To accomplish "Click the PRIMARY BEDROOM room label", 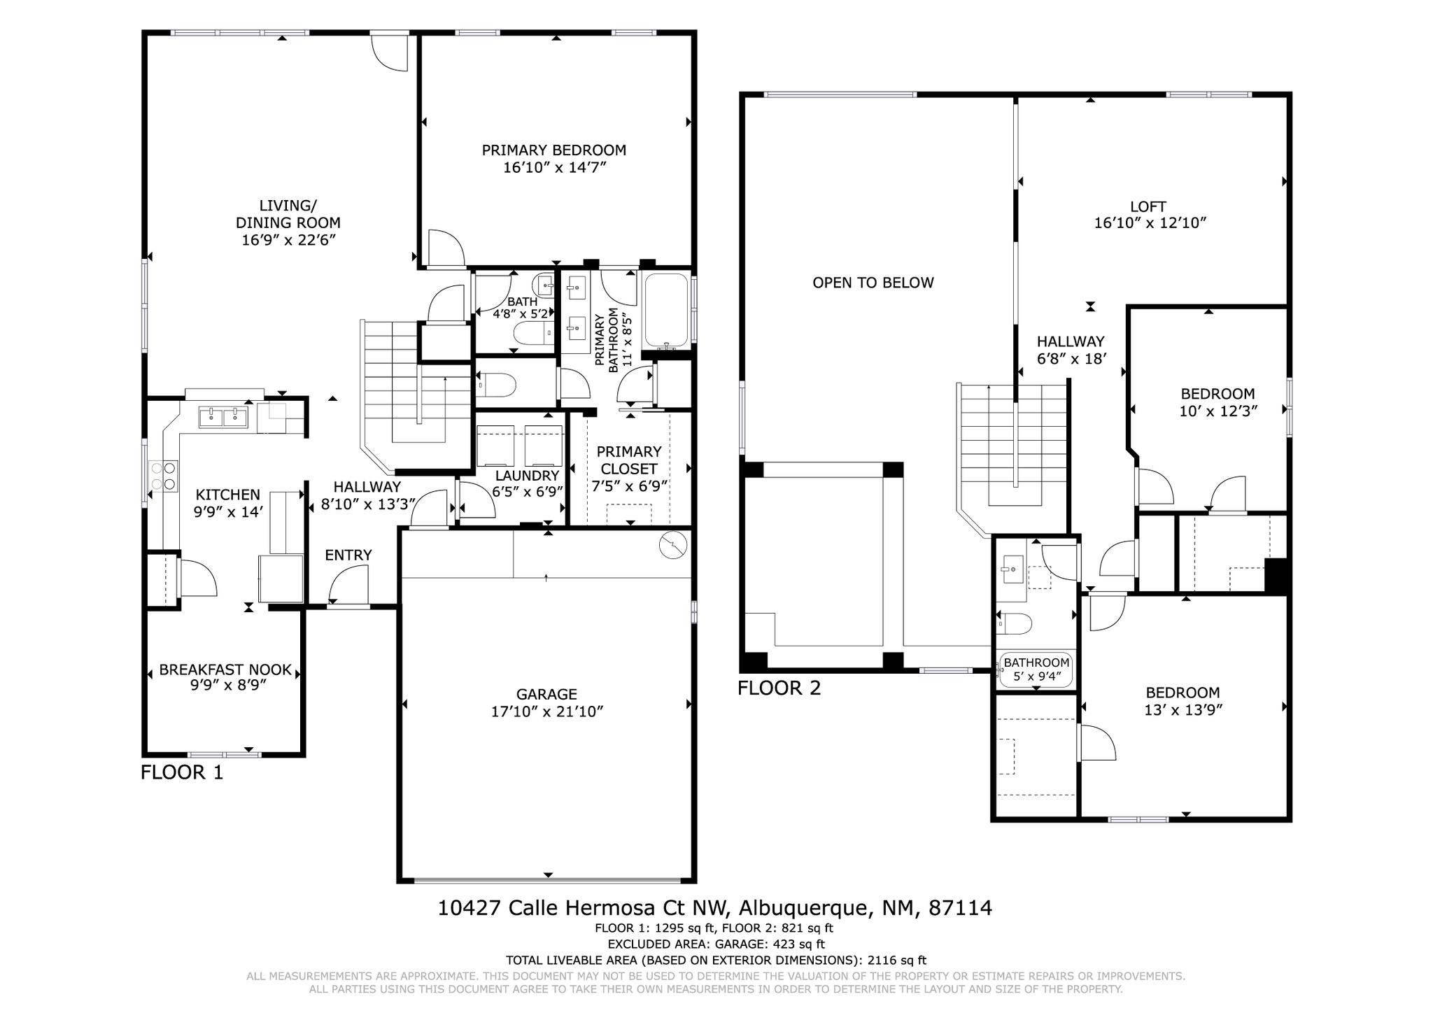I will [x=553, y=150].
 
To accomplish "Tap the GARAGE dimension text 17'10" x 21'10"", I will [x=546, y=711].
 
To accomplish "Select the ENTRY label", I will [x=348, y=555].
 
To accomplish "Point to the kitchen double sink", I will [x=223, y=418].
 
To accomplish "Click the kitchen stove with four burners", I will [x=163, y=476].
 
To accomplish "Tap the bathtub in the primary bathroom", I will [x=666, y=311].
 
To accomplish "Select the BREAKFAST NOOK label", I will [x=225, y=670].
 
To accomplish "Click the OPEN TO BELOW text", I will [x=873, y=283].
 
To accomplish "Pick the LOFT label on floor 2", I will [x=1148, y=207].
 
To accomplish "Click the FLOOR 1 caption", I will [x=182, y=772].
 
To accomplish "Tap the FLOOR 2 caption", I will [x=779, y=688].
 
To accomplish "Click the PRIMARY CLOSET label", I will [x=628, y=460].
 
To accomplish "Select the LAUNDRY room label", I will [x=527, y=476].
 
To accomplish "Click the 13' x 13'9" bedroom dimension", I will [x=1183, y=710].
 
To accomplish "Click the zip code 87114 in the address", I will [x=960, y=908].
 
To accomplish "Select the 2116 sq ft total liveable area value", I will [x=896, y=961].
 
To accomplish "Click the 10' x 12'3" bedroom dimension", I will [x=1218, y=411].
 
